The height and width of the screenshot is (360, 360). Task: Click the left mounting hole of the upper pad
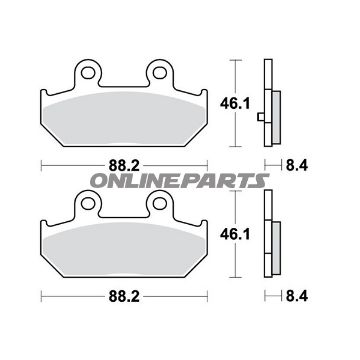(x=88, y=73)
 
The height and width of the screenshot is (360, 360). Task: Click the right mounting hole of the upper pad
(x=159, y=73)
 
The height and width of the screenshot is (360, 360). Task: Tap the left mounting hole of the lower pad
(x=88, y=203)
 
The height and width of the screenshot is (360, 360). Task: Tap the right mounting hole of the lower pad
(x=159, y=203)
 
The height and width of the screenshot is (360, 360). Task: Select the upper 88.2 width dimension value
(x=124, y=166)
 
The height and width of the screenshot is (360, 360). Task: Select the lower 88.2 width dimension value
(x=124, y=296)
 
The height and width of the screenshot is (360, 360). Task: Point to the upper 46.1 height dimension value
(x=235, y=104)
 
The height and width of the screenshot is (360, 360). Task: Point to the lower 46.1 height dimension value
(x=235, y=235)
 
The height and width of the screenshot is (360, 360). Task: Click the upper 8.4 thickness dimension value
(x=297, y=166)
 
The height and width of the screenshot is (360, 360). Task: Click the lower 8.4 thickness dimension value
(x=297, y=296)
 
